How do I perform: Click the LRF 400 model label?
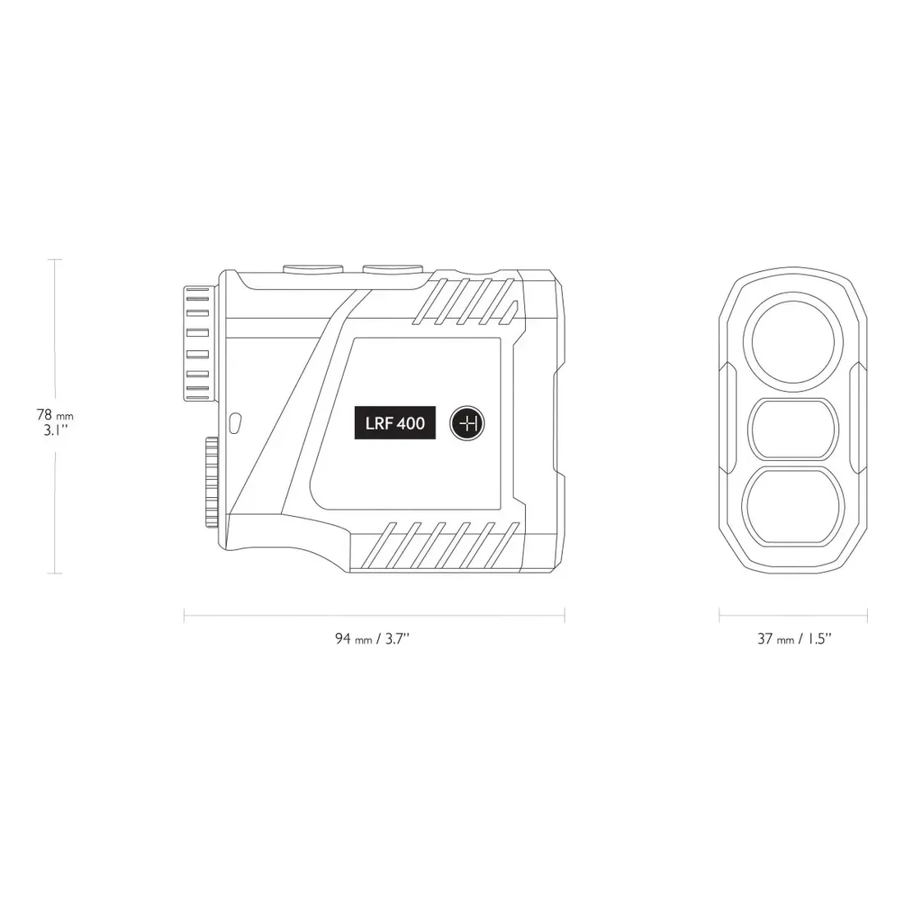pos(395,423)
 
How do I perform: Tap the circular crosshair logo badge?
pos(467,424)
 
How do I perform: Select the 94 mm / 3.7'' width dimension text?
pos(372,639)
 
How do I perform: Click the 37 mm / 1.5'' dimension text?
pos(794,639)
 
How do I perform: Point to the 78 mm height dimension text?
pos(55,415)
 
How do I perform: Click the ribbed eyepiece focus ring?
pos(198,344)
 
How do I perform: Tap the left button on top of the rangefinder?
pos(314,268)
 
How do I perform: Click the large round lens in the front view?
pos(793,343)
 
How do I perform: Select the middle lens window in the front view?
pos(793,429)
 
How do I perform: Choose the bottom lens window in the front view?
pos(793,506)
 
